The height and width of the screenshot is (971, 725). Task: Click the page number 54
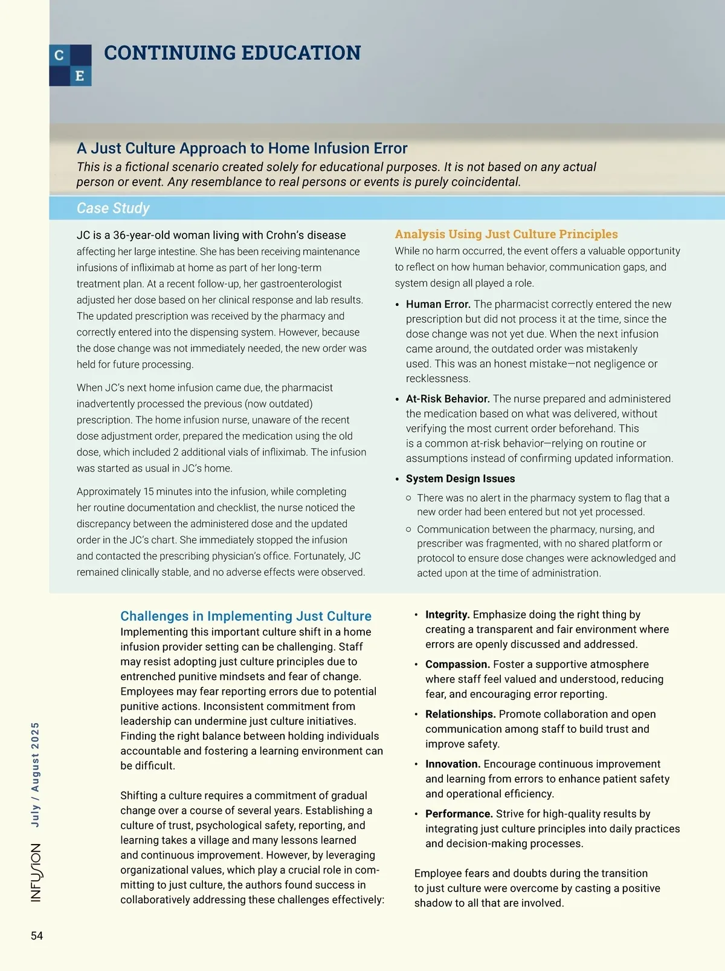[37, 935]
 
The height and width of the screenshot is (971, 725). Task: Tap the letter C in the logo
[59, 56]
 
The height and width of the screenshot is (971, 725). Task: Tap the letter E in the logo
[80, 76]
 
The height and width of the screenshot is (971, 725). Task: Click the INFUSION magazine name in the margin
[36, 872]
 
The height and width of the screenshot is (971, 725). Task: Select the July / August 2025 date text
[35, 775]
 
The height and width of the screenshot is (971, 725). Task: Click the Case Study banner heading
[113, 208]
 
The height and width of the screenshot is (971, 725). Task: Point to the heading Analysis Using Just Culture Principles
[506, 234]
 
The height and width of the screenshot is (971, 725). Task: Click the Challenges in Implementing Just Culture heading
[246, 616]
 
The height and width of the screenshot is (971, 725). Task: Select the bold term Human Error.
[438, 304]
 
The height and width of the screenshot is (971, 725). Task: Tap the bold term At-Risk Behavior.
[448, 398]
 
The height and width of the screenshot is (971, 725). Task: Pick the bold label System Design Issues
[460, 478]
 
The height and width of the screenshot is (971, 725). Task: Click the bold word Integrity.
[447, 614]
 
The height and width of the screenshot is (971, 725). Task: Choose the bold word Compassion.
[457, 664]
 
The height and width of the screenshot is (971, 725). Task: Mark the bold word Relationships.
[460, 714]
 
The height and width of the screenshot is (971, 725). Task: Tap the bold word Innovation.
[453, 764]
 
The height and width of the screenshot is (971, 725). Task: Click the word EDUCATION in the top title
[301, 53]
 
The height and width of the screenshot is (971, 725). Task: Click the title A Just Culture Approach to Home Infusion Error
[242, 148]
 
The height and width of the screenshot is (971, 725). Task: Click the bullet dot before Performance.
[416, 814]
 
